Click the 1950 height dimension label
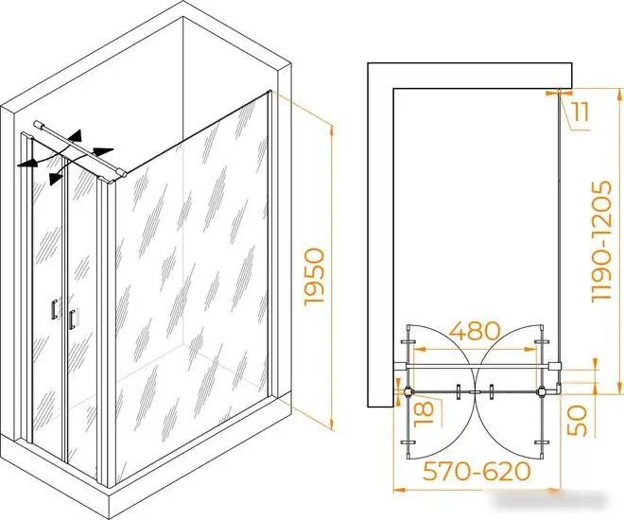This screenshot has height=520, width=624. coord(314,277)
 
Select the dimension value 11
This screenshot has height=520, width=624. coord(581,112)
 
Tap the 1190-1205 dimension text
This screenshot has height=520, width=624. coord(601,241)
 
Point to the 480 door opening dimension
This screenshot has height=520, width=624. coord(475,331)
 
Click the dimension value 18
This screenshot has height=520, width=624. coord(424,414)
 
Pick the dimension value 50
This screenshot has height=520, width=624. coord(577,421)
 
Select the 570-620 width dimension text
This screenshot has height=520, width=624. coord(477,472)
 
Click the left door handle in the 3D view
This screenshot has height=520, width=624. coord(54,309)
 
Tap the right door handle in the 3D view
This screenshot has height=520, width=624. coord(72,319)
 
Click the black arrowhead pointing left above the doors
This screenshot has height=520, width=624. coord(26,164)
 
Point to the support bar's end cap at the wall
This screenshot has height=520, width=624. coord(39,124)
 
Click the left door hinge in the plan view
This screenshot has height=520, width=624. coord(407,391)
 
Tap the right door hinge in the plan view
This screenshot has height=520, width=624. coord(541,391)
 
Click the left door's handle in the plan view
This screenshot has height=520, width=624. coord(459,391)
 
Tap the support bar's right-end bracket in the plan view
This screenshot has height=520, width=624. coord(554,366)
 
